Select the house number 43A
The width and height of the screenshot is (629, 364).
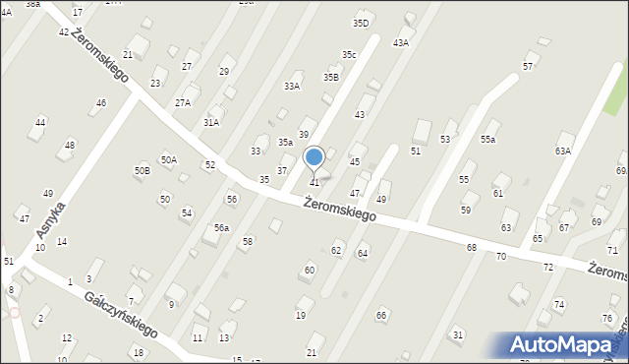click(400, 42)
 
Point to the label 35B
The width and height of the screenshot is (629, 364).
click(331, 77)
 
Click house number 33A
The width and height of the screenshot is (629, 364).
click(292, 87)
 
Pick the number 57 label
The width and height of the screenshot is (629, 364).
click(528, 66)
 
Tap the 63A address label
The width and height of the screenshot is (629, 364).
click(562, 151)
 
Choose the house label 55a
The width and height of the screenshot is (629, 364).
click(487, 140)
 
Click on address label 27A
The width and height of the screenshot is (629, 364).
click(183, 102)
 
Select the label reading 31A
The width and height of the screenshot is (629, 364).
click(211, 122)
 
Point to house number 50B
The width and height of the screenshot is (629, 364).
click(143, 170)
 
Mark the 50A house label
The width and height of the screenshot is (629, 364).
click(169, 159)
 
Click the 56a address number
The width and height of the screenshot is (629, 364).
click(222, 227)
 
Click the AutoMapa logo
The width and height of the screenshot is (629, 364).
click(567, 344)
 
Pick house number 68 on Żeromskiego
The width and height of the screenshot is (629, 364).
click(472, 247)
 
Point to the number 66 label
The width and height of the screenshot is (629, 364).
click(380, 315)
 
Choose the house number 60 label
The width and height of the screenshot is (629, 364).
click(310, 269)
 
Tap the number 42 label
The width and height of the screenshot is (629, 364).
click(64, 32)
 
